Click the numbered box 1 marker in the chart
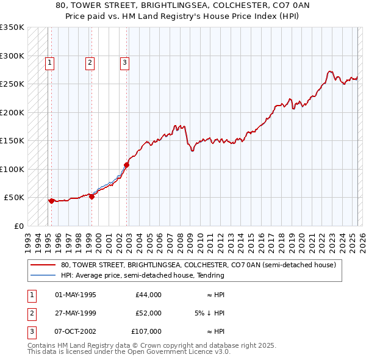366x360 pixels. [49, 62]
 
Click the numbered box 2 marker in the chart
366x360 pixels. [90, 62]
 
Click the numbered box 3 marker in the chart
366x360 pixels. [124, 62]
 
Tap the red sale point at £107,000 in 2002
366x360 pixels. [127, 165]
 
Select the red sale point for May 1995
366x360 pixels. [51, 200]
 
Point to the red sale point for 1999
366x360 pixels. [91, 196]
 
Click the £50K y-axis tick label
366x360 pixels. [13, 198]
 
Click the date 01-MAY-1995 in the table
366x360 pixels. [76, 295]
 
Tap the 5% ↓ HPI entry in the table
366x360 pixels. [209, 313]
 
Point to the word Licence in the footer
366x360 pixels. [198, 351]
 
